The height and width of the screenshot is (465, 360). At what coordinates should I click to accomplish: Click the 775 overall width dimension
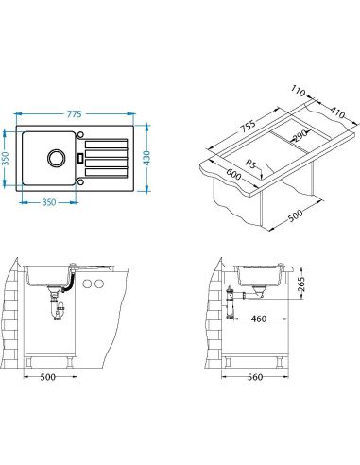tap(75, 113)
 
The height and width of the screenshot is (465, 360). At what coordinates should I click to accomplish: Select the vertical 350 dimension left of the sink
tap(5, 160)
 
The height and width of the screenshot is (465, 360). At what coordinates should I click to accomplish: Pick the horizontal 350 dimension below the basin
tap(49, 202)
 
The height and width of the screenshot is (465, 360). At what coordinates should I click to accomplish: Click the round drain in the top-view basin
tap(57, 158)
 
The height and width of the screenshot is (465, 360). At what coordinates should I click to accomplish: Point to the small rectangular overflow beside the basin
tap(80, 158)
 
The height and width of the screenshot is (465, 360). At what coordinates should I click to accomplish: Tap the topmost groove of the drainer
tap(107, 145)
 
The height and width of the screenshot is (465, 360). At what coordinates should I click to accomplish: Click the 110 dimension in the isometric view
tap(298, 91)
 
